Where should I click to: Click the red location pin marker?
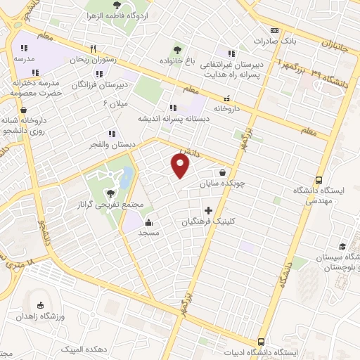(181, 166)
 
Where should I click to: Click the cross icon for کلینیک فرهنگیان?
(208, 210)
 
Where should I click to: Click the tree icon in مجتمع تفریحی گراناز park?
(109, 193)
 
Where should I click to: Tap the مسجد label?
(148, 232)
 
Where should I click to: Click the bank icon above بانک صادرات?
(274, 30)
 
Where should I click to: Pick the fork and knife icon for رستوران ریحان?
(93, 49)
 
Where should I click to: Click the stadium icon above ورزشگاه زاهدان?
(40, 306)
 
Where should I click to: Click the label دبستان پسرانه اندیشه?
(172, 119)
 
